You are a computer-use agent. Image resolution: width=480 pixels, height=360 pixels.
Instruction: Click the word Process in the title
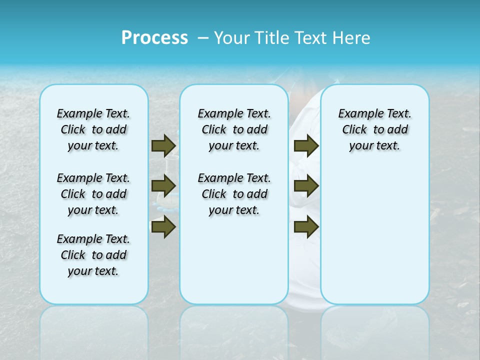click(x=154, y=38)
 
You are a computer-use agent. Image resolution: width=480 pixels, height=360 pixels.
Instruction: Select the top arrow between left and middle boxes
click(x=163, y=145)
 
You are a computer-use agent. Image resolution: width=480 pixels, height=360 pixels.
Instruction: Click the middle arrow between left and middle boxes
click(x=163, y=186)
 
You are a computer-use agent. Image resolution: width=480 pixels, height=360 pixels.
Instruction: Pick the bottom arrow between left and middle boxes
click(x=163, y=227)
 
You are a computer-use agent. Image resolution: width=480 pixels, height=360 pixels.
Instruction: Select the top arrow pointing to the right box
click(x=306, y=145)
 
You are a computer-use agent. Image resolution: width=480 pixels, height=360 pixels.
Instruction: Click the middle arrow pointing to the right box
click(x=306, y=186)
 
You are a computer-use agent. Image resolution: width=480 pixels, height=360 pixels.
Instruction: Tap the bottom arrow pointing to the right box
click(x=306, y=227)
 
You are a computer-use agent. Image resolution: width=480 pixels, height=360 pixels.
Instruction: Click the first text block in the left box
click(x=93, y=129)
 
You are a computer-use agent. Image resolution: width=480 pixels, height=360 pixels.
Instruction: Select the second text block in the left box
click(x=93, y=194)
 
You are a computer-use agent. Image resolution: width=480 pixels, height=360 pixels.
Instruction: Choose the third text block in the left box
click(x=93, y=255)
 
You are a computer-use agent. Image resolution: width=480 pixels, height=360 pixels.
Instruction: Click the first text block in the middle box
click(x=234, y=129)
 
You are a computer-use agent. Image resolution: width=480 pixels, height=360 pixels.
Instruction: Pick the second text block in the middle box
click(x=234, y=194)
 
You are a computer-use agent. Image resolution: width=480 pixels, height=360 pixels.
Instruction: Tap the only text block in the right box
click(x=374, y=129)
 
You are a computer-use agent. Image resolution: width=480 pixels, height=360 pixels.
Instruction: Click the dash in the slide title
click(x=203, y=38)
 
